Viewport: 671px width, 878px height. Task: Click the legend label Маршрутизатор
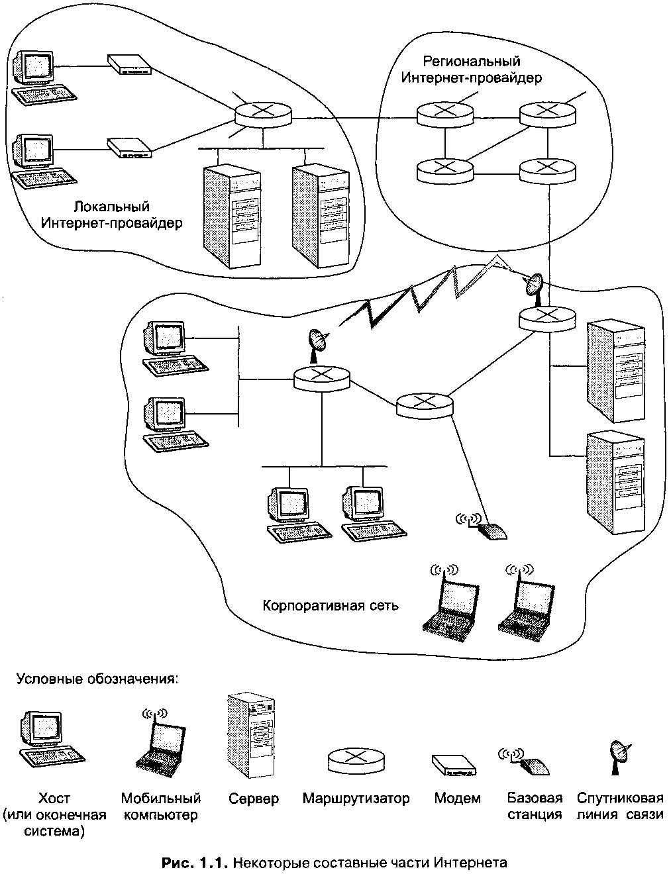356,799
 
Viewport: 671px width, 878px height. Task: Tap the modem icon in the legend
454,765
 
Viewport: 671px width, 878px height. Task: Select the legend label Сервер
254,799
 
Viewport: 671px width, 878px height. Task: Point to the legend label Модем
457,799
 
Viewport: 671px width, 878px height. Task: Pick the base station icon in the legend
528,762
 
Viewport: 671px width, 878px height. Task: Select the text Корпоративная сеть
331,605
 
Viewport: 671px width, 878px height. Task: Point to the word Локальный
112,206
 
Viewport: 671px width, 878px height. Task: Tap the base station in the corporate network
486,528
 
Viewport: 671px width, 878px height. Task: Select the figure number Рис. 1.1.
195,863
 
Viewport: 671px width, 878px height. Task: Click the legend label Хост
54,799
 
